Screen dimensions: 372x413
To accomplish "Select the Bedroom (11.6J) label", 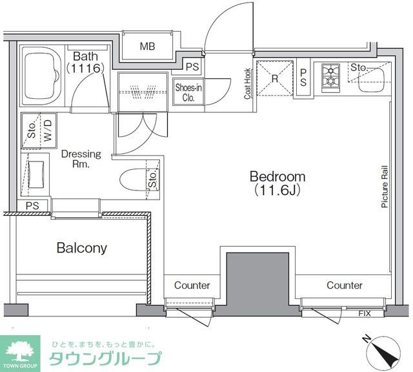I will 277,183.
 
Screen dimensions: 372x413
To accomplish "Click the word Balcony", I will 81,247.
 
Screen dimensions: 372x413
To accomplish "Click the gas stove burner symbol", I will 330,75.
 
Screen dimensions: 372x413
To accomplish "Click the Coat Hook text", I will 247,85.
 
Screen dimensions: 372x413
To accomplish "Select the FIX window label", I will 365,314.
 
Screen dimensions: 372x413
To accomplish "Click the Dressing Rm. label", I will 81,159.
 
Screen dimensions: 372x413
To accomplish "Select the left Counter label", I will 192,285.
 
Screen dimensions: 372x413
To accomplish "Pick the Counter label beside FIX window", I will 344,285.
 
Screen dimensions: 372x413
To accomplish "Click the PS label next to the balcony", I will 32,206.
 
